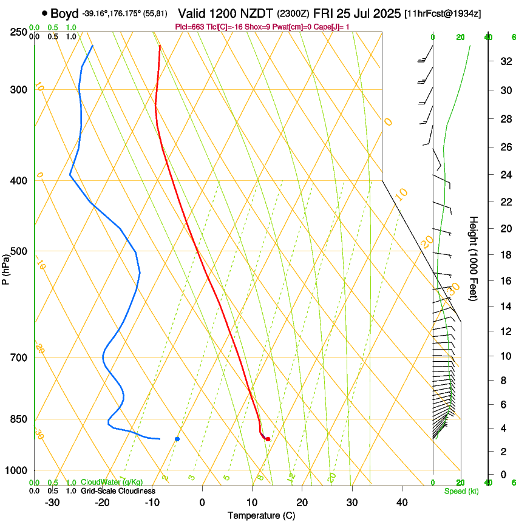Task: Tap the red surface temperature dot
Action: point(268,439)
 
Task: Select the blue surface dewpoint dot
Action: point(177,439)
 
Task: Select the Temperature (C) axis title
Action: point(261,515)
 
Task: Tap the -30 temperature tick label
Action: point(52,503)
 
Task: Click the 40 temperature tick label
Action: point(402,503)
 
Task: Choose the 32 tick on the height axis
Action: point(503,61)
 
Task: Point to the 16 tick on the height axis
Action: point(503,280)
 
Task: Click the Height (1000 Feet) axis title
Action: point(474,258)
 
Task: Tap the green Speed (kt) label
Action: point(458,491)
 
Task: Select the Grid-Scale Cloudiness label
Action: point(118,491)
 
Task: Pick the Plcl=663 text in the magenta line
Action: point(189,27)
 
